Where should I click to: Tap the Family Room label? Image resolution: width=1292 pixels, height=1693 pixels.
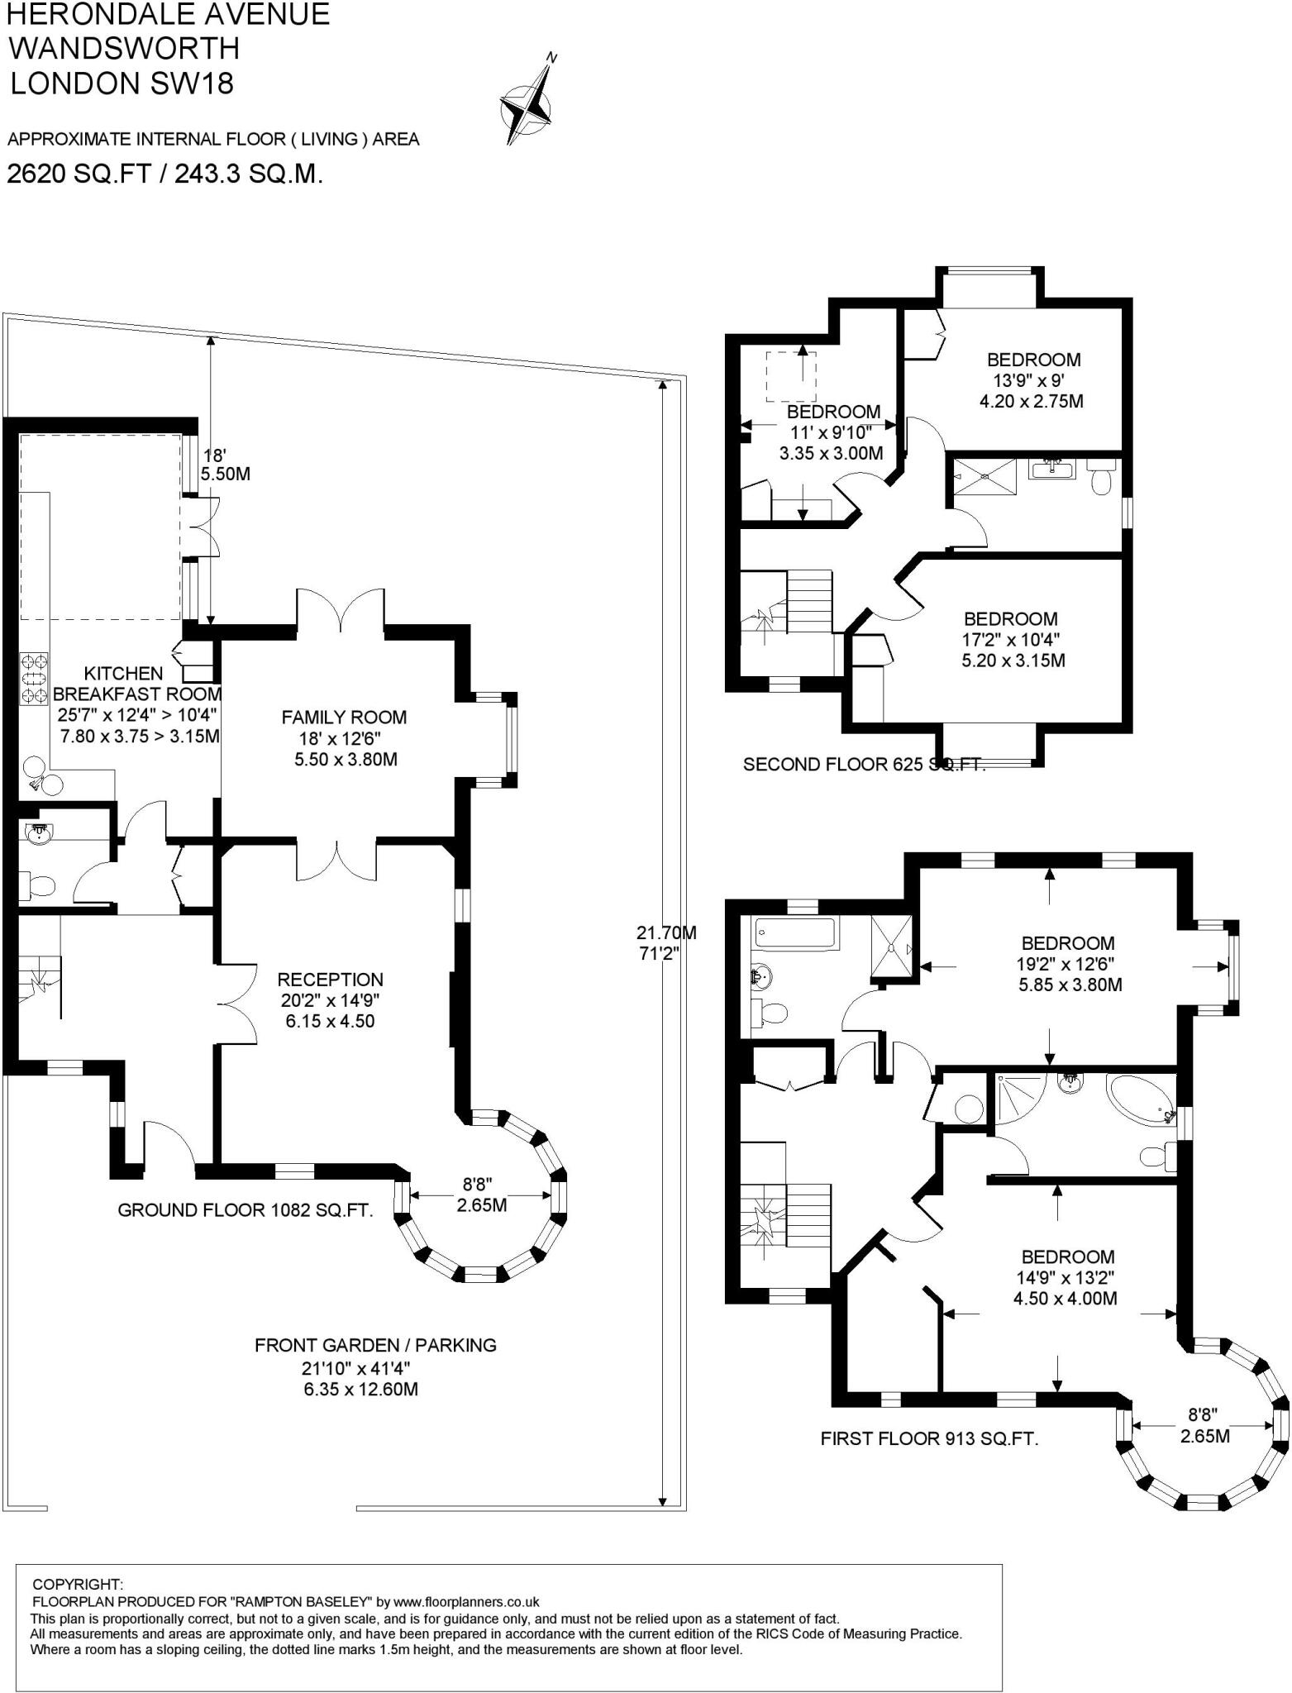tap(345, 737)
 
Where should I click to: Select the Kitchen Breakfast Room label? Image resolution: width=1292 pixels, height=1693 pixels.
tap(137, 704)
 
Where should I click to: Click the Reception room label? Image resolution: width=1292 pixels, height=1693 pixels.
tap(331, 999)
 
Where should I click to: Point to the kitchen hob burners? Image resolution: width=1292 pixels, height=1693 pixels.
tap(35, 679)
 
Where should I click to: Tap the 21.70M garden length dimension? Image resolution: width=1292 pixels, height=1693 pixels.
tap(666, 942)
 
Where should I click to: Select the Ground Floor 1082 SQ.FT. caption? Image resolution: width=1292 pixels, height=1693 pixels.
tap(246, 1210)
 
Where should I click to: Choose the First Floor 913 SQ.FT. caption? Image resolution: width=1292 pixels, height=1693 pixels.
tap(929, 1438)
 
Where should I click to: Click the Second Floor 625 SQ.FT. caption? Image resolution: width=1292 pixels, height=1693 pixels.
tap(865, 765)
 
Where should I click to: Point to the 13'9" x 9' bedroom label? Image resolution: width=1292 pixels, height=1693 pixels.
tap(1034, 381)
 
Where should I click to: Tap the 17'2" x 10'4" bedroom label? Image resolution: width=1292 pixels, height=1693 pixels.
tap(1011, 640)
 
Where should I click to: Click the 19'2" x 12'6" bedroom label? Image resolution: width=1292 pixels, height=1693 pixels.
tap(1068, 964)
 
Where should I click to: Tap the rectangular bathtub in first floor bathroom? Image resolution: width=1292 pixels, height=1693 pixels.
tap(795, 934)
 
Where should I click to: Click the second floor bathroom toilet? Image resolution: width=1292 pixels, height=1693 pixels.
tap(1102, 478)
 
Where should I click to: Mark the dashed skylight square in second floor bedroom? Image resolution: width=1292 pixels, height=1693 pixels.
tap(791, 377)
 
